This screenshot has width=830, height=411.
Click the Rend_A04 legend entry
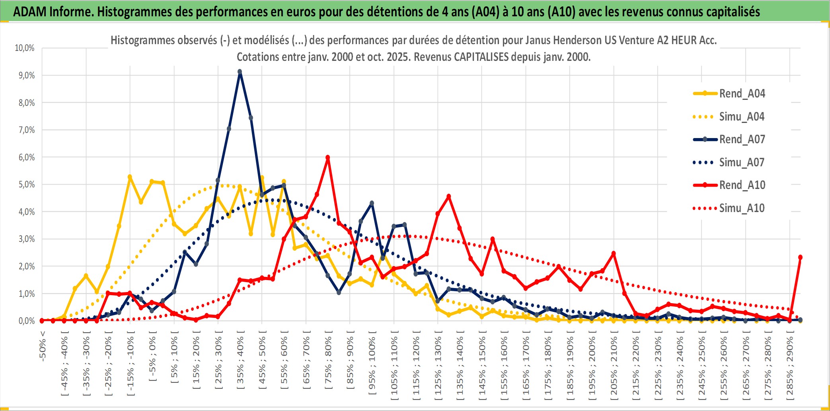742,93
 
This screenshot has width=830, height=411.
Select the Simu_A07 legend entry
742,162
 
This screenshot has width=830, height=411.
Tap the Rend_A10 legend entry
742,185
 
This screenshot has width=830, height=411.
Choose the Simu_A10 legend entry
742,208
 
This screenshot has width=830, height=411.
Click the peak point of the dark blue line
240,72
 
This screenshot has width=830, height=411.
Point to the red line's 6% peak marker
327,158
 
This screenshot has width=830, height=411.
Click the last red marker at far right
800,257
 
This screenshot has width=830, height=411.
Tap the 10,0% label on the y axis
25,48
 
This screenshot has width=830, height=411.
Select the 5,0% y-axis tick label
26,185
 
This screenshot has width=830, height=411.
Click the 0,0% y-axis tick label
26,321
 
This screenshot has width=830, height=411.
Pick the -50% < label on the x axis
43,346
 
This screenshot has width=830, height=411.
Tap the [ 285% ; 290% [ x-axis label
789,368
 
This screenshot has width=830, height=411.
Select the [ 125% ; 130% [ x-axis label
438,368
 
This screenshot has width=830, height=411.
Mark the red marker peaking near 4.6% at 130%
448,196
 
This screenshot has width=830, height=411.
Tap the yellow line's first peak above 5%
130,177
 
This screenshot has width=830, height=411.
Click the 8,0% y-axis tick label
26,103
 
